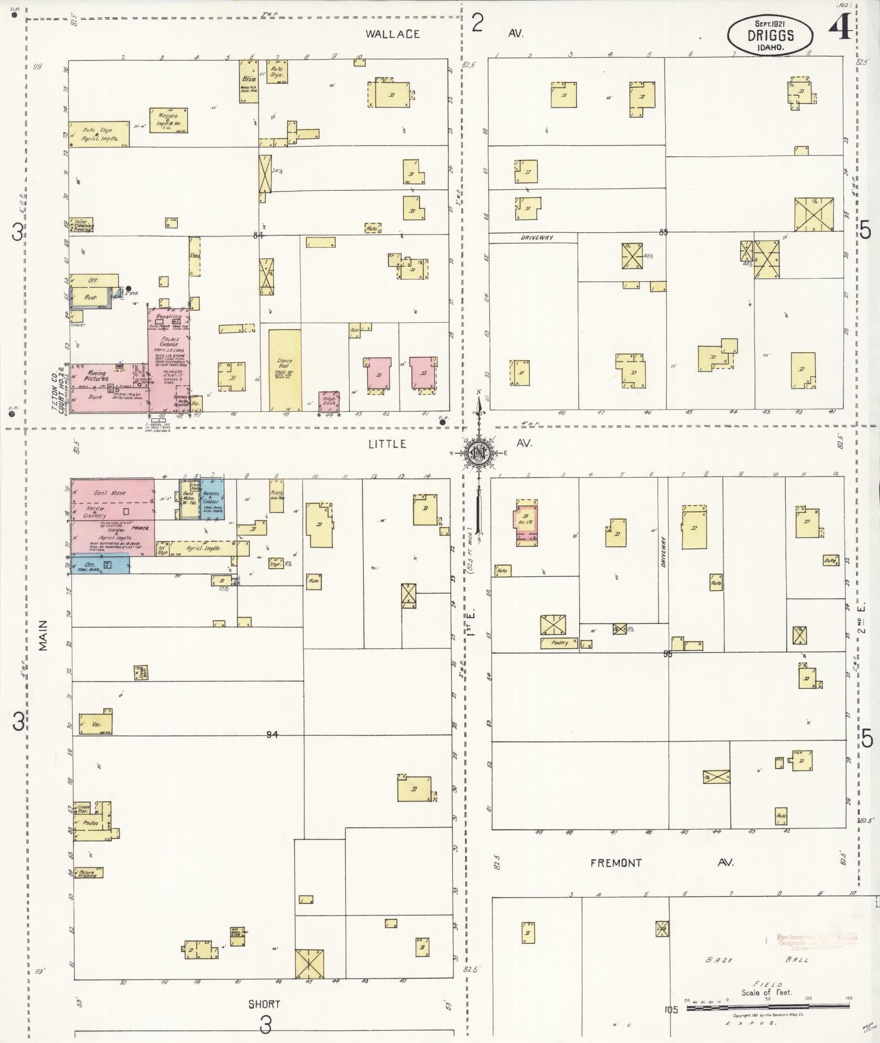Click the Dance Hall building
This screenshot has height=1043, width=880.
[284, 369]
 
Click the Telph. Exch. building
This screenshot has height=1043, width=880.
[330, 402]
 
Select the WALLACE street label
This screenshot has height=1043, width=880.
[392, 34]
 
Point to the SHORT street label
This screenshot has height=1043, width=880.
[264, 1004]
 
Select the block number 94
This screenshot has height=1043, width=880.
[272, 734]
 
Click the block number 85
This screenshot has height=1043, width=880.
[663, 232]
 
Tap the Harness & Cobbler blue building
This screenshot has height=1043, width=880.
[212, 497]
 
